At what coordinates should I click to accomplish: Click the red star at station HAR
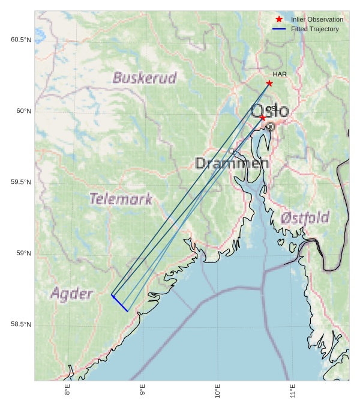click(269, 83)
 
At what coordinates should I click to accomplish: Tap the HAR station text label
click(280, 74)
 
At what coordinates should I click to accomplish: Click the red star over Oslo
click(263, 117)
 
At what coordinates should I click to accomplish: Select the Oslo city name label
click(269, 111)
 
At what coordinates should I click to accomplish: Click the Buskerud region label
click(145, 77)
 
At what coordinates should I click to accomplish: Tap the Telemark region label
click(121, 198)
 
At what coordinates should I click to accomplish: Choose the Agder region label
click(72, 293)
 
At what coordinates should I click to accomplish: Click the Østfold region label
click(305, 217)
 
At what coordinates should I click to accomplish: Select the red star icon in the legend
click(279, 20)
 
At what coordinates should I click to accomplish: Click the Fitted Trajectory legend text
click(314, 29)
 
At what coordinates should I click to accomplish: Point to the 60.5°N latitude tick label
click(21, 40)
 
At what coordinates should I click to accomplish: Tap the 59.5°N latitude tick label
click(21, 182)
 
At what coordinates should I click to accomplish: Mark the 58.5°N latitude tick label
click(21, 324)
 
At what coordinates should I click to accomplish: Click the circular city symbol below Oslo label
click(271, 127)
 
